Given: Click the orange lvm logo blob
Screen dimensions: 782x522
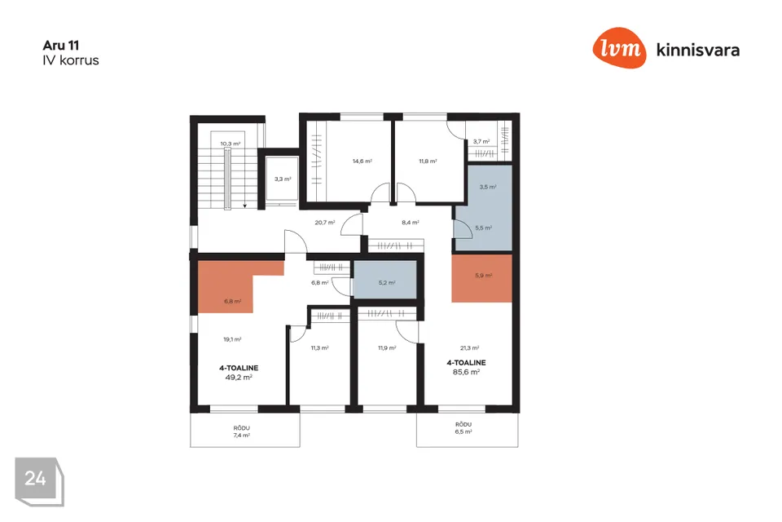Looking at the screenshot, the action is pyautogui.click(x=619, y=48).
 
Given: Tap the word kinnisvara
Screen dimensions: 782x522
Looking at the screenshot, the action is pyautogui.click(x=698, y=50).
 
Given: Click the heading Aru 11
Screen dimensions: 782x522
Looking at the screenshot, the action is pyautogui.click(x=61, y=46).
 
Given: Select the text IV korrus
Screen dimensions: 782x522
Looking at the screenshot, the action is pyautogui.click(x=71, y=60).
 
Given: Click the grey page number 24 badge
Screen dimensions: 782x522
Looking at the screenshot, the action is pyautogui.click(x=39, y=481).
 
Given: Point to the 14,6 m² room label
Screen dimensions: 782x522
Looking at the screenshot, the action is pyautogui.click(x=362, y=161).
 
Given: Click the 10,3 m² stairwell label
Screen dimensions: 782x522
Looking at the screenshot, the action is pyautogui.click(x=230, y=144).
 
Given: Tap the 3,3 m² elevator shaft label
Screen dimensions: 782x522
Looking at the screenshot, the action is pyautogui.click(x=283, y=179).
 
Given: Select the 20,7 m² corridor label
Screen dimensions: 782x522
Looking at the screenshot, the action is pyautogui.click(x=325, y=223).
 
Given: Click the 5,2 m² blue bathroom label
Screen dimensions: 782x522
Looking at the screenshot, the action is pyautogui.click(x=387, y=283).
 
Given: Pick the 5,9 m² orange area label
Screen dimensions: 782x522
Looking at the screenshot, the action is pyautogui.click(x=484, y=275).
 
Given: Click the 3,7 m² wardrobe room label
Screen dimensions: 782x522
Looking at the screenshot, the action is pyautogui.click(x=481, y=141).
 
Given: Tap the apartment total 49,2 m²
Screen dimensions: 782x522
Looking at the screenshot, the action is pyautogui.click(x=239, y=378).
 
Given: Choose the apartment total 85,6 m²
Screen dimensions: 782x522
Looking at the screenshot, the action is pyautogui.click(x=466, y=372).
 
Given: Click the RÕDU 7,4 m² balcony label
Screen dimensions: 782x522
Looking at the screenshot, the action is pyautogui.click(x=241, y=431).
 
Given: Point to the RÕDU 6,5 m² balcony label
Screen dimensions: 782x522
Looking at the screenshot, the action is pyautogui.click(x=463, y=428).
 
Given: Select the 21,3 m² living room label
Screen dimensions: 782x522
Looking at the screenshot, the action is pyautogui.click(x=470, y=348).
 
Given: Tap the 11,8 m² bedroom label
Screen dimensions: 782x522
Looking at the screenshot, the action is pyautogui.click(x=428, y=161).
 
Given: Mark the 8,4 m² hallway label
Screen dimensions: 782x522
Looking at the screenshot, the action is pyautogui.click(x=410, y=223).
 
